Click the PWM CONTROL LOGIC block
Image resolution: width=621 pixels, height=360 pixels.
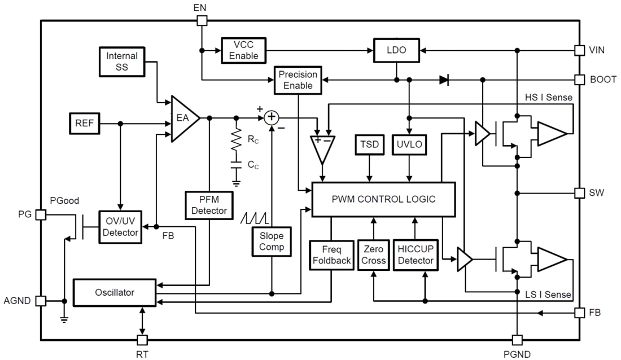click(383, 199)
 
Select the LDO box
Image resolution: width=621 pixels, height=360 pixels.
click(396, 50)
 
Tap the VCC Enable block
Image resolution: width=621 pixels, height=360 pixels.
click(243, 50)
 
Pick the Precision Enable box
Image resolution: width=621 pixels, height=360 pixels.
click(298, 80)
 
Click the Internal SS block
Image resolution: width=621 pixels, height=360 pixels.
click(122, 62)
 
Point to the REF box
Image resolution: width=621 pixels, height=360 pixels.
click(85, 124)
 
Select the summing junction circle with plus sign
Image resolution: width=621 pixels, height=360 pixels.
click(272, 117)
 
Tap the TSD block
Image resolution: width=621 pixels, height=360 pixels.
click(369, 144)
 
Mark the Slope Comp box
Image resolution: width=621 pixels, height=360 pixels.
click(272, 242)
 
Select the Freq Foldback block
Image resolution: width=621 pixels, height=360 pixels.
click(331, 256)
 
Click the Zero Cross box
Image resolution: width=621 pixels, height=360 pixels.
click(373, 256)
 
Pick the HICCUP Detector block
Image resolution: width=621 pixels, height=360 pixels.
click(415, 256)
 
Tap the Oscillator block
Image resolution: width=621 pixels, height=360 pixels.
click(115, 292)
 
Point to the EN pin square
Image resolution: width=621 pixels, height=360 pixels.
click(202, 21)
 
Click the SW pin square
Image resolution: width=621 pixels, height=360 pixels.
click(579, 193)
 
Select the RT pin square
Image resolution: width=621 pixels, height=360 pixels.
click(142, 340)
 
